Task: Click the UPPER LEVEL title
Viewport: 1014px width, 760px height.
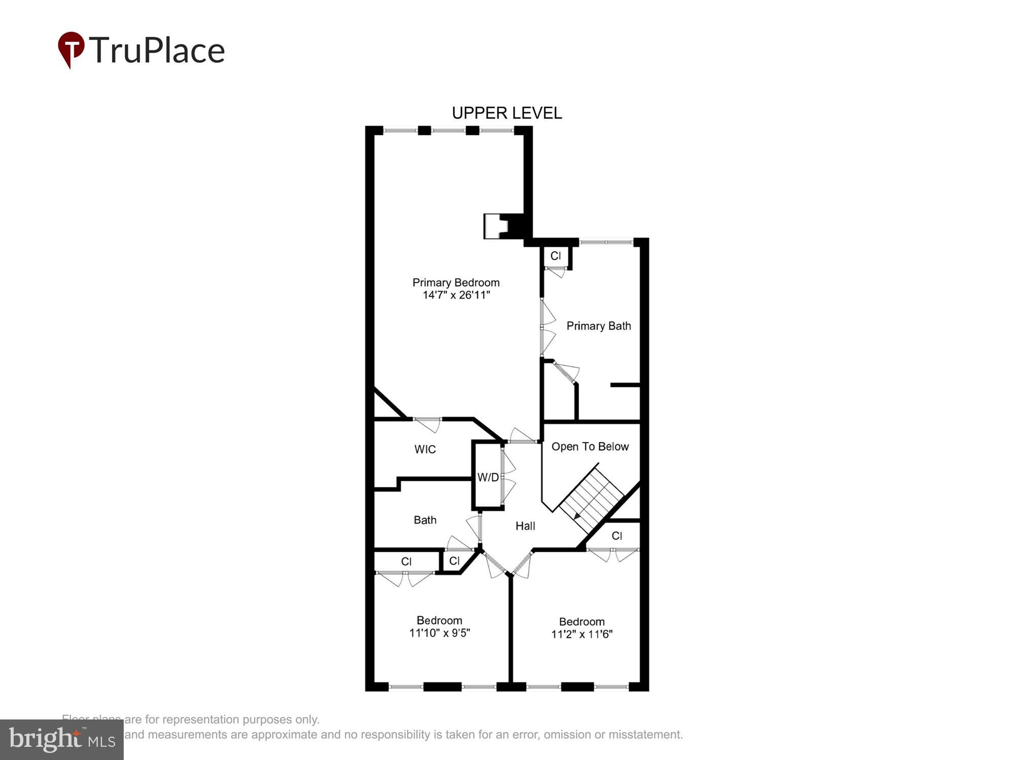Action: pyautogui.click(x=506, y=112)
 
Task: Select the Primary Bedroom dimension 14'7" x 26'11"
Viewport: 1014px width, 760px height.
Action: pyautogui.click(x=456, y=295)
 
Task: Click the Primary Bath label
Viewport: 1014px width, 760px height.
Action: pyautogui.click(x=598, y=326)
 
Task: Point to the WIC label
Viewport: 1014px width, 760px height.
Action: pyautogui.click(x=425, y=449)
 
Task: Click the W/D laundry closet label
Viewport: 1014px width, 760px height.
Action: pyautogui.click(x=488, y=477)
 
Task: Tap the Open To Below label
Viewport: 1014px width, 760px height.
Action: pyautogui.click(x=590, y=446)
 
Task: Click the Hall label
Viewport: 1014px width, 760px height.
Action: pyautogui.click(x=525, y=526)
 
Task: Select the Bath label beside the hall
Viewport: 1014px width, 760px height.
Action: pyautogui.click(x=425, y=520)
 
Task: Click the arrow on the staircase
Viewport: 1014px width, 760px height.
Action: pyautogui.click(x=577, y=516)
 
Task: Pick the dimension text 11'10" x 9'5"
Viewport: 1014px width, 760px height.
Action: pyautogui.click(x=440, y=633)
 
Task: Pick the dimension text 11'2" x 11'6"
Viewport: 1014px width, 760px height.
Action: pyautogui.click(x=582, y=634)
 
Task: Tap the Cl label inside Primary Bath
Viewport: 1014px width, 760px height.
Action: pyautogui.click(x=556, y=256)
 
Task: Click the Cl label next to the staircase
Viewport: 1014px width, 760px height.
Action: pyautogui.click(x=617, y=536)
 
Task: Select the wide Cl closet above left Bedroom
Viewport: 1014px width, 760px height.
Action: pyautogui.click(x=406, y=561)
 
